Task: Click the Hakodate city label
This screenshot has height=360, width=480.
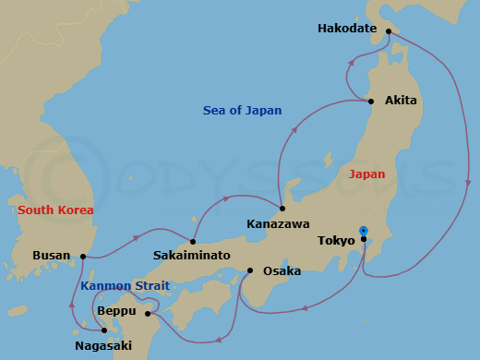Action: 347,29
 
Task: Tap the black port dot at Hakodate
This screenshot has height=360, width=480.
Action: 389,31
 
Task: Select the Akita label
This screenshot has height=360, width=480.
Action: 401,100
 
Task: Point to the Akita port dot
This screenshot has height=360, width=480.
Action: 371,101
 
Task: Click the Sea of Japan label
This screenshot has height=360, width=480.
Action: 242,111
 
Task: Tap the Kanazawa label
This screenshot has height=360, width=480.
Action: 277,223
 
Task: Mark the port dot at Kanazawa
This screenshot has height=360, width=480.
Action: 282,208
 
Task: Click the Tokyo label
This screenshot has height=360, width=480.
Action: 336,241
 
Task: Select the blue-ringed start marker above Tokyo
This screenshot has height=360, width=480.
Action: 363,231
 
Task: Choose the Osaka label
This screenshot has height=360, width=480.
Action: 281,271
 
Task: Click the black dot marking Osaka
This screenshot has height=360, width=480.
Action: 250,270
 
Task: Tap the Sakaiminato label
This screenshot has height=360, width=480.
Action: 193,255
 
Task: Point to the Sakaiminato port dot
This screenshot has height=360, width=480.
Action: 193,242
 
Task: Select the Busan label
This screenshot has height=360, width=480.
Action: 51,256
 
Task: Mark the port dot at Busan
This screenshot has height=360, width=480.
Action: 83,257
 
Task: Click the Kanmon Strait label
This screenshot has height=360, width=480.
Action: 125,286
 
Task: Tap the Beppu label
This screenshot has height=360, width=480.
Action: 115,311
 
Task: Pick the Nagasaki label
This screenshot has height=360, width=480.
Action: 103,346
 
